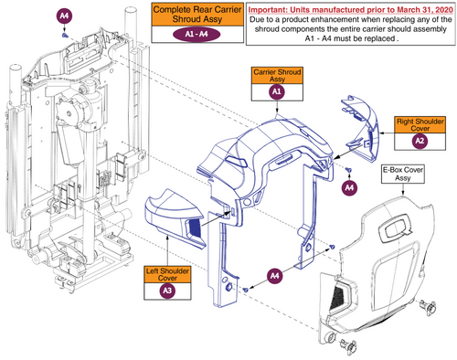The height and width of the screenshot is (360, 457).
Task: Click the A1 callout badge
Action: tap(277, 91)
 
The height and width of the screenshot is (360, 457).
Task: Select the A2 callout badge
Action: tap(420, 141)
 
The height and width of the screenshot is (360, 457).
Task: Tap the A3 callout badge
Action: tap(167, 291)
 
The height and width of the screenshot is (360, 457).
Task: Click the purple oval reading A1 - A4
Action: tap(197, 34)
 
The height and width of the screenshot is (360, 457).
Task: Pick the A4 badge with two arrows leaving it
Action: tap(274, 276)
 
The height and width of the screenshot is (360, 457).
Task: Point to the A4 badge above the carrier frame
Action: tap(64, 16)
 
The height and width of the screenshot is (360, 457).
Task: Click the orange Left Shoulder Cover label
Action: tap(167, 274)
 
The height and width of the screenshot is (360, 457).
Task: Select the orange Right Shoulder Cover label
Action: tap(420, 124)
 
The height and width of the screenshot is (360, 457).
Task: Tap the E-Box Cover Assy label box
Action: tap(403, 174)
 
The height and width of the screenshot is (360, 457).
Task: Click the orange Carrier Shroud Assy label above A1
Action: tap(277, 75)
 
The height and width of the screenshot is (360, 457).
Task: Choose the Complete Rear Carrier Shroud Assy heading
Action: tap(197, 15)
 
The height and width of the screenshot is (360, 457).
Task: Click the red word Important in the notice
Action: tap(267, 10)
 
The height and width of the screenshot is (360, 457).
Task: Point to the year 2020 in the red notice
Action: tap(443, 10)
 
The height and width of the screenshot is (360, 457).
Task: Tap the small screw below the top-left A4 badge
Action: tap(65, 36)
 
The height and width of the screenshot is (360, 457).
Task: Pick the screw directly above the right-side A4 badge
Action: tap(350, 170)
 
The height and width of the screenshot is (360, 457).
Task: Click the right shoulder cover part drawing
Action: tap(360, 129)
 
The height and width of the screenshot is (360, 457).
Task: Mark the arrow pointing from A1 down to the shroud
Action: tap(277, 107)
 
